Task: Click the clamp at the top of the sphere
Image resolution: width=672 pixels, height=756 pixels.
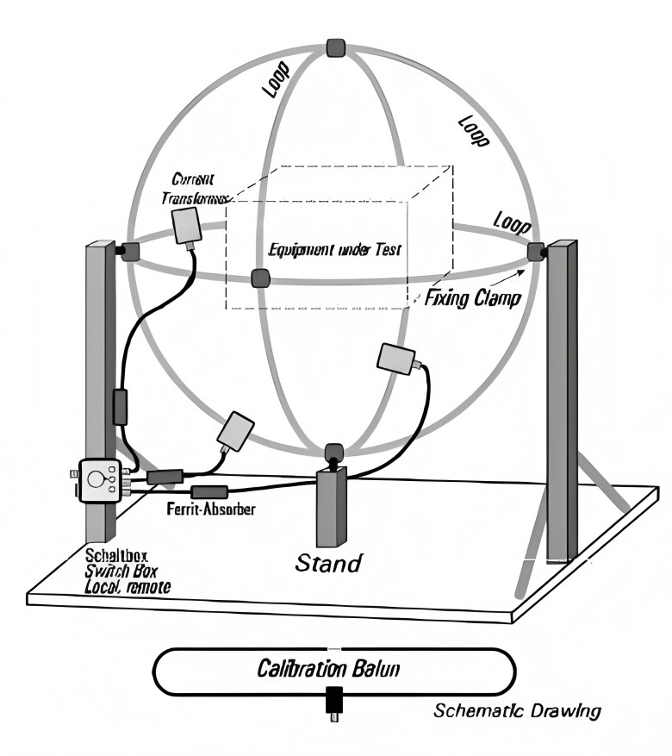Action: (336, 47)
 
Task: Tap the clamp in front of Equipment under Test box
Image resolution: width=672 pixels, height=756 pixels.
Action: (260, 278)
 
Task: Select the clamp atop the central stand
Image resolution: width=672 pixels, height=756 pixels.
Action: (333, 452)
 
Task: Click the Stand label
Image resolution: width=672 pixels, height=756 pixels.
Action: (328, 564)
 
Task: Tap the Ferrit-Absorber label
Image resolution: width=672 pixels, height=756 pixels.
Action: (210, 509)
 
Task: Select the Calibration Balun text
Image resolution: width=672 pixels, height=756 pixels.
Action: (333, 669)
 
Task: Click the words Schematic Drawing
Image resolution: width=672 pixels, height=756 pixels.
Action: (517, 711)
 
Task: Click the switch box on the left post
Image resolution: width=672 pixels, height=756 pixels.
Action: (101, 479)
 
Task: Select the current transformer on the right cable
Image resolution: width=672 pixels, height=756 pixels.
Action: (397, 358)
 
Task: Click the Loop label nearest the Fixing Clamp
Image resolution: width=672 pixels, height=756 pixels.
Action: (510, 222)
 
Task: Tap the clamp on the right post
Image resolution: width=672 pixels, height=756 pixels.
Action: (537, 251)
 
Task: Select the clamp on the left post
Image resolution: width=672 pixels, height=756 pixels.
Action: (129, 251)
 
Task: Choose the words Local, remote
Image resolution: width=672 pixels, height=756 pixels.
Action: (128, 586)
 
